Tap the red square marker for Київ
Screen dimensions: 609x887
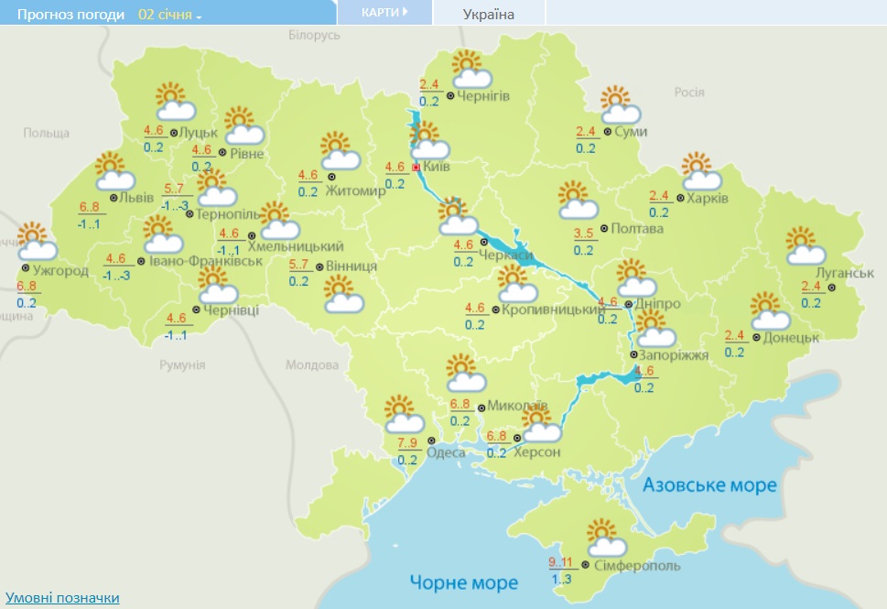coord(416,168)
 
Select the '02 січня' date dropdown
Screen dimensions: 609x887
coord(170,15)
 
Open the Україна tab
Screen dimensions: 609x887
coord(490,15)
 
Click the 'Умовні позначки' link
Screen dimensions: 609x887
coord(62,598)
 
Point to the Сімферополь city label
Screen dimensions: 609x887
coord(637,566)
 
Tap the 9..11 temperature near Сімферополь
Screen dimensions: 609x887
coord(560,562)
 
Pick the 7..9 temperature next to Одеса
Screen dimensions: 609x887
coord(407,444)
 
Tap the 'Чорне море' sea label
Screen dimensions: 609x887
coord(463,582)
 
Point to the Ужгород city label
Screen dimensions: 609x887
coord(60,271)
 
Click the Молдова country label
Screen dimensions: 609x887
coord(311,364)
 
